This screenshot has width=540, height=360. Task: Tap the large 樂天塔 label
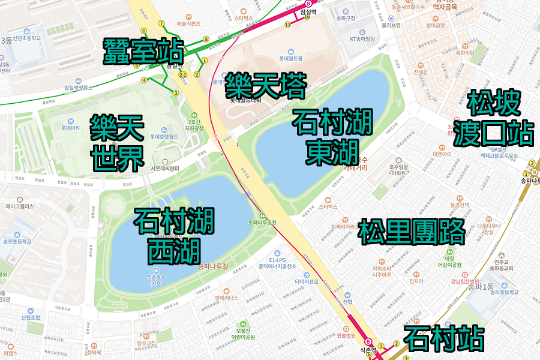pos(265,86)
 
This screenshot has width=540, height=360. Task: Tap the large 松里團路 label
pos(412,232)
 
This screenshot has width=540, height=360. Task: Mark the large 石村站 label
pos(444,338)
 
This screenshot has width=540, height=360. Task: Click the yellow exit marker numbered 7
pos(161,23)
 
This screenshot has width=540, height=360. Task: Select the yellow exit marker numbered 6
pos(143,31)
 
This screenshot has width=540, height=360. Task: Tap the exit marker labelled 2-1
pos(184,75)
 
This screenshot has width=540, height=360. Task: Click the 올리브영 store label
pos(391,25)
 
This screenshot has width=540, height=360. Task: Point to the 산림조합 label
pos(30,317)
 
